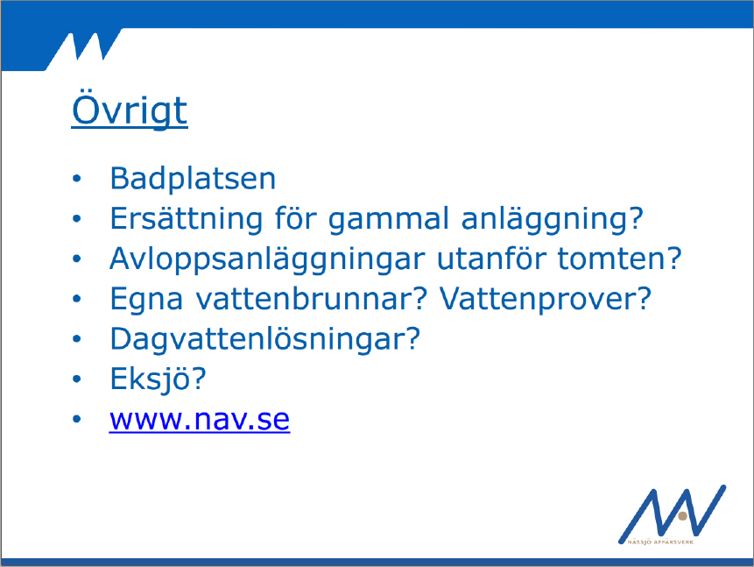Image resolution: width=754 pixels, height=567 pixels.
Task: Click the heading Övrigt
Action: pos(130,109)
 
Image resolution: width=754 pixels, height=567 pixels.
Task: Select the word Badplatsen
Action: pos(193,179)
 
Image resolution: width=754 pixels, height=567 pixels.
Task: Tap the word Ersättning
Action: pos(187,218)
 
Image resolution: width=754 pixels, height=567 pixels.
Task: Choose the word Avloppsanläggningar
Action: pos(267,259)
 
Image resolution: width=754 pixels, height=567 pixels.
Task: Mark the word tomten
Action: pos(612,259)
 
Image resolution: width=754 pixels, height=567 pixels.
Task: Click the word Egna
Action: pos(146,300)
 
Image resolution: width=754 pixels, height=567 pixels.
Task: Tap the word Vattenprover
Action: pos(539,300)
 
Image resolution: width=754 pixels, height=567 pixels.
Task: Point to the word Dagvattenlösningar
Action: pos(258,340)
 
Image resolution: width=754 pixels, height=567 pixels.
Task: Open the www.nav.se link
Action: pos(200,420)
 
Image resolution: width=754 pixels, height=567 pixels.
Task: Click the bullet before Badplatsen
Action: pos(77,179)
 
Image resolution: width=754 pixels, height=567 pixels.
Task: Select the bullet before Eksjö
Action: pos(77,379)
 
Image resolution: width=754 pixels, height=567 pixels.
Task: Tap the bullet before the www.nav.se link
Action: pos(77,419)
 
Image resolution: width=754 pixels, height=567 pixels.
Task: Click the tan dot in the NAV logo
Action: pos(682,516)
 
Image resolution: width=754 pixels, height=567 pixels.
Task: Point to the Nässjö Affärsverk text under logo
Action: pos(660,542)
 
